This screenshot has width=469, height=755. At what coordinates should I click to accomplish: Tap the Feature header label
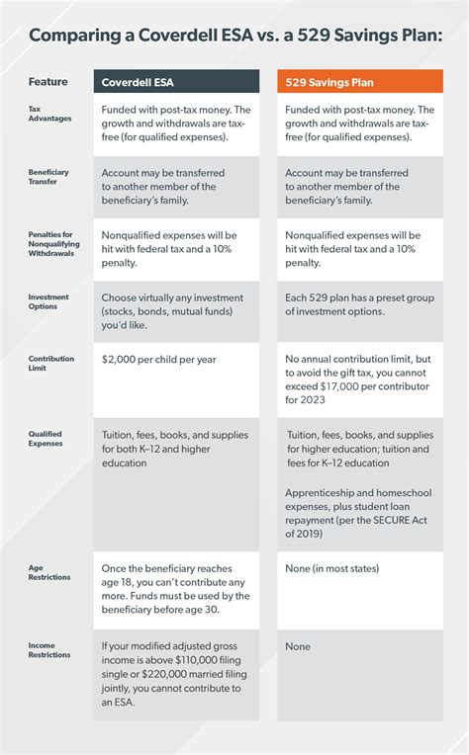click(x=47, y=81)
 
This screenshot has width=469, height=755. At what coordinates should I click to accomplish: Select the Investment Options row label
click(x=48, y=300)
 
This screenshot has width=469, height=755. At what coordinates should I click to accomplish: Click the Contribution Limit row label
click(x=51, y=364)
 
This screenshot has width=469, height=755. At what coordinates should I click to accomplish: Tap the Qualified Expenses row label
click(x=47, y=439)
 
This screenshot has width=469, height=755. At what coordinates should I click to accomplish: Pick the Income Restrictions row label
click(x=49, y=649)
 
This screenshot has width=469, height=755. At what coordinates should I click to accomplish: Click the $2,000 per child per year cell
click(x=157, y=360)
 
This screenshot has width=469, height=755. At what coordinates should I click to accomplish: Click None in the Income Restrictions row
click(x=298, y=646)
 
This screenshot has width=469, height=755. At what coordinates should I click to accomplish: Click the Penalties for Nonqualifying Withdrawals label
click(x=55, y=243)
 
